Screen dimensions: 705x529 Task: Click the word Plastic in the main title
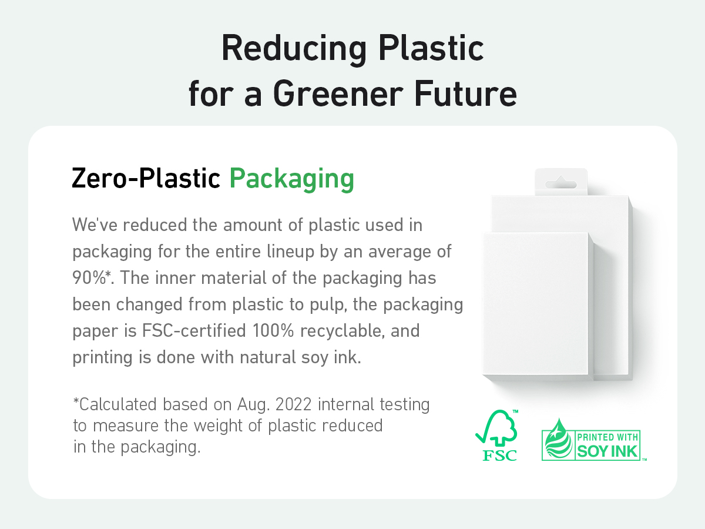(x=431, y=49)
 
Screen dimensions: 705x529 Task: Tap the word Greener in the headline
(x=338, y=95)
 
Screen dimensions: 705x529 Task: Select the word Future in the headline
(x=466, y=93)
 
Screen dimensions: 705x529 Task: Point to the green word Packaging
(x=291, y=179)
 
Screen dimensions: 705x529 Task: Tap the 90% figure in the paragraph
(x=89, y=277)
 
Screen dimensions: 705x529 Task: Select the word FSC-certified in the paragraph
(x=194, y=330)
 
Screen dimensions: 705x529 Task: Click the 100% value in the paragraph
(x=273, y=330)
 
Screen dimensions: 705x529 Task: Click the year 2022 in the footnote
(x=294, y=404)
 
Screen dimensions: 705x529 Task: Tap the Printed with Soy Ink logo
(x=594, y=440)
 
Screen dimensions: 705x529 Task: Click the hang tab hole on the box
(x=561, y=184)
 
